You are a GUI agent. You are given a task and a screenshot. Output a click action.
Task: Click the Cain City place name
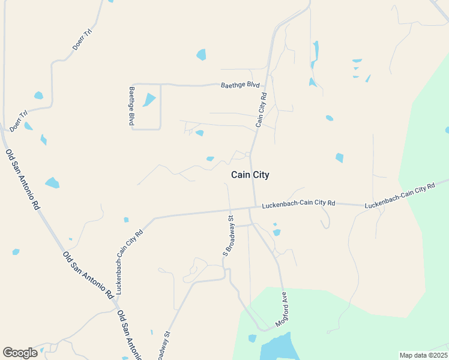point(250,175)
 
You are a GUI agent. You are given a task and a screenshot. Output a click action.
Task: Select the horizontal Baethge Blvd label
point(240,85)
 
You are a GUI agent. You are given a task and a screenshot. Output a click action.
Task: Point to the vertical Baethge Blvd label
point(131,106)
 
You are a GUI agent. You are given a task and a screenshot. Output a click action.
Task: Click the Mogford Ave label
point(282,308)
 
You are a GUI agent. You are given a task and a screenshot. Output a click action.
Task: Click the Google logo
point(20,353)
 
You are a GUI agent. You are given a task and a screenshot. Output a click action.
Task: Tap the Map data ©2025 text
point(423,355)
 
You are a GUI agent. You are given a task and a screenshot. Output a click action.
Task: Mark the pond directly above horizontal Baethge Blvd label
point(201,55)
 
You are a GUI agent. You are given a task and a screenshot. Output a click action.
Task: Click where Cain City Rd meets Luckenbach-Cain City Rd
point(255,208)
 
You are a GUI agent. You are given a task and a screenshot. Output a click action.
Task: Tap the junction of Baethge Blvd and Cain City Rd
point(268,85)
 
